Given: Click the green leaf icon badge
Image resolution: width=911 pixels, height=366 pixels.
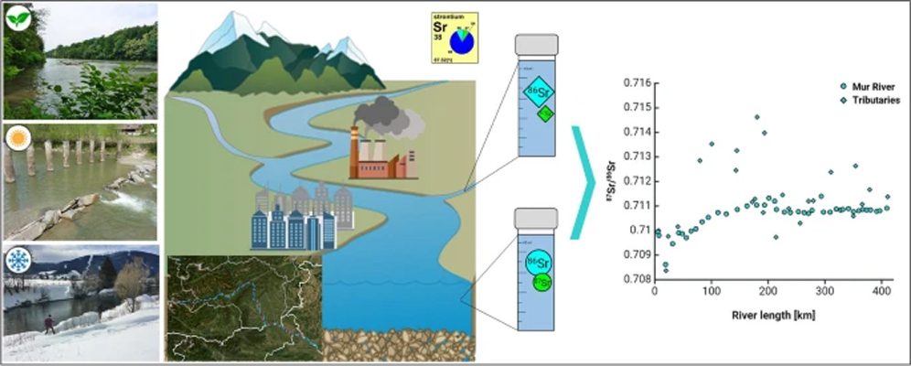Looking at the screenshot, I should [17, 17].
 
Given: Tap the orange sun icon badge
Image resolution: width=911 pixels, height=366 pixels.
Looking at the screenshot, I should [17, 138].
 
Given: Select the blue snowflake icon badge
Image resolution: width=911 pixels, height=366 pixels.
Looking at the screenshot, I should [17, 260].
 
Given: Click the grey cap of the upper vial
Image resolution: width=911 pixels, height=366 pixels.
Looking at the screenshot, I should [538, 45].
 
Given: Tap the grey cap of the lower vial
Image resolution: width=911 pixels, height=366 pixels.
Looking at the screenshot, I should [538, 218].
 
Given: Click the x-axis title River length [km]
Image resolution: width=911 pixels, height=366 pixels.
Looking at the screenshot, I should [774, 315].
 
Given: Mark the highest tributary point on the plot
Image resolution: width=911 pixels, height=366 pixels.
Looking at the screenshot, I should [756, 117].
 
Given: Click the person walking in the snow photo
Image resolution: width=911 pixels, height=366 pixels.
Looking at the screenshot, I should [48, 323].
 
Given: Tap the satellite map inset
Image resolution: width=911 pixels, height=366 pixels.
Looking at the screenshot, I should [243, 307].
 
